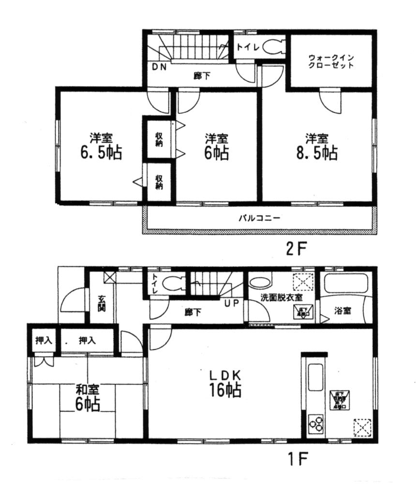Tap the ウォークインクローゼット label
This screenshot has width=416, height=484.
[x=331, y=61]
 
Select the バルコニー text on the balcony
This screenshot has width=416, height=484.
[x=259, y=218]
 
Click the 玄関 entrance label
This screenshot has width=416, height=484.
[x=102, y=303]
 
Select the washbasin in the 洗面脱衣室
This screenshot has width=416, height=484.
[x=261, y=282]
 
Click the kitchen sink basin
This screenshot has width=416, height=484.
[x=315, y=377]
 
